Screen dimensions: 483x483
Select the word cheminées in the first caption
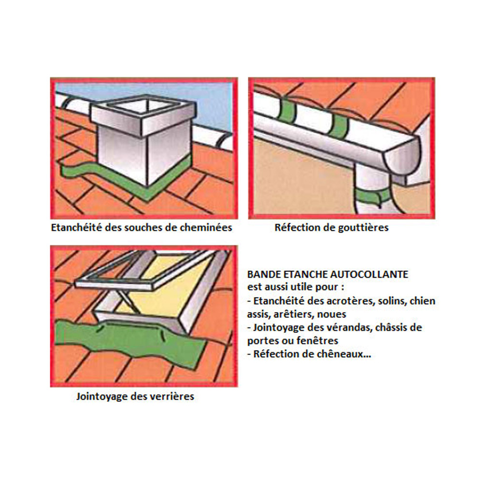pos(206,227)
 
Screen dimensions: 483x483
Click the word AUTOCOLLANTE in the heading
pos(369,274)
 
